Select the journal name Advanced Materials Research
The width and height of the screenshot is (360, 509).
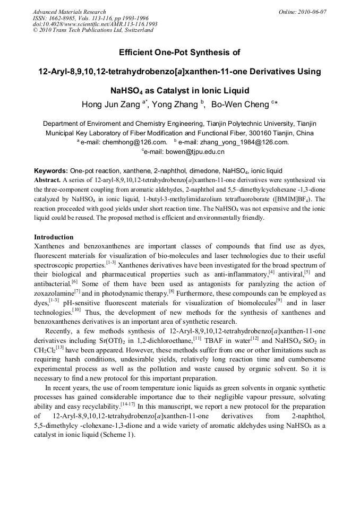pos(69,12)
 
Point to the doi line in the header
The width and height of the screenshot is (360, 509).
pos(95,24)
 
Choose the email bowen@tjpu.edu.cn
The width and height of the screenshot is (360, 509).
pos(185,152)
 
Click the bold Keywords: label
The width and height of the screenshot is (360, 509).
pos(51,171)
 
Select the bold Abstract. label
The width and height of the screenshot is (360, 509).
pos(49,180)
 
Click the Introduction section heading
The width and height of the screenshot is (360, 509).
pos(54,237)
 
